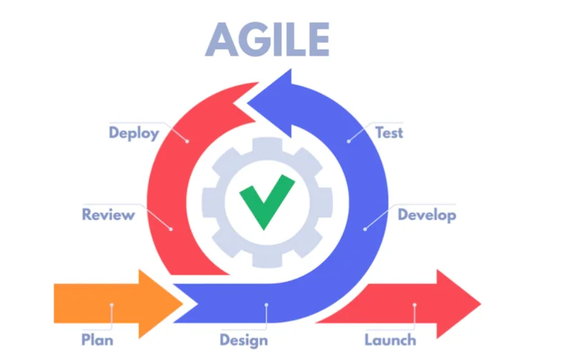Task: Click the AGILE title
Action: coord(267,39)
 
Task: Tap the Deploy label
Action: coord(134,133)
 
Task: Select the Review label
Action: coord(108,214)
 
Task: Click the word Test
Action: coord(389,133)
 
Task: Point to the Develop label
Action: coord(426,215)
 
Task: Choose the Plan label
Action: coord(97,339)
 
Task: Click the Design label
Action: coord(244,341)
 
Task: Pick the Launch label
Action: coord(390,339)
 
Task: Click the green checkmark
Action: coord(267,201)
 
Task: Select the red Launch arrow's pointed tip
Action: coord(480,304)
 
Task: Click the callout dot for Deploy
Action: coord(187,142)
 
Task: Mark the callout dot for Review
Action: coord(171,229)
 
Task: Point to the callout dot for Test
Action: coord(348,142)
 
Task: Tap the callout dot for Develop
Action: coord(365,229)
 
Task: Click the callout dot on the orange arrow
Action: coord(112,305)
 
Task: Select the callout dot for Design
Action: coord(267,305)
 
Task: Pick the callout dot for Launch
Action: coord(415,305)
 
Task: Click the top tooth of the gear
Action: coord(267,145)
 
